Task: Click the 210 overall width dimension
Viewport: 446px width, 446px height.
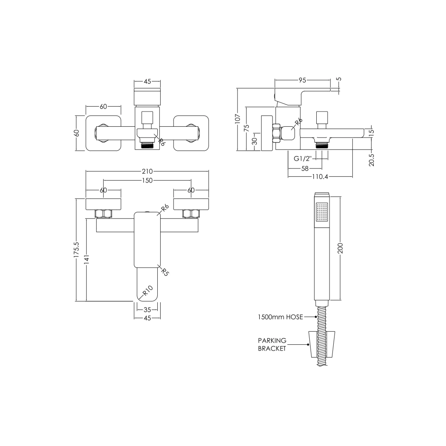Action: [x=147, y=171]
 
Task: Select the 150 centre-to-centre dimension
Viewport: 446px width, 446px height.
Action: [x=147, y=180]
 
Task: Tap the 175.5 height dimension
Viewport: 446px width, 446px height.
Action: [x=77, y=250]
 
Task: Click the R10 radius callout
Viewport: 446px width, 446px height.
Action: [x=147, y=291]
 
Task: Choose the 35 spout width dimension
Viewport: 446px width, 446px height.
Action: [x=147, y=310]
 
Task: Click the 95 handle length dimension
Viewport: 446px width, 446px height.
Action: [x=302, y=81]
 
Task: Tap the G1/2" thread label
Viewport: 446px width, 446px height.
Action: [x=303, y=159]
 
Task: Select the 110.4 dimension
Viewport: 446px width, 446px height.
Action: [x=320, y=177]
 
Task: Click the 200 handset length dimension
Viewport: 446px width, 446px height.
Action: [x=341, y=248]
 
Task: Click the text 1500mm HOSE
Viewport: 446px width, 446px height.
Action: [x=280, y=317]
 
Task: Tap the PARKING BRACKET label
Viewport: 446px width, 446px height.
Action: [x=272, y=344]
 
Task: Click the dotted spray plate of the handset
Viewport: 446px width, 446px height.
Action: [x=322, y=212]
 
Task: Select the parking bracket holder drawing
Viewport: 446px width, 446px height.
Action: [x=322, y=344]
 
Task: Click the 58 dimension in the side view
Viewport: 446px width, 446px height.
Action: [x=305, y=168]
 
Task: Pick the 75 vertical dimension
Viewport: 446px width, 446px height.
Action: [x=247, y=128]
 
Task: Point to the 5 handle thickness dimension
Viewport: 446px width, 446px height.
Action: [x=339, y=79]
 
